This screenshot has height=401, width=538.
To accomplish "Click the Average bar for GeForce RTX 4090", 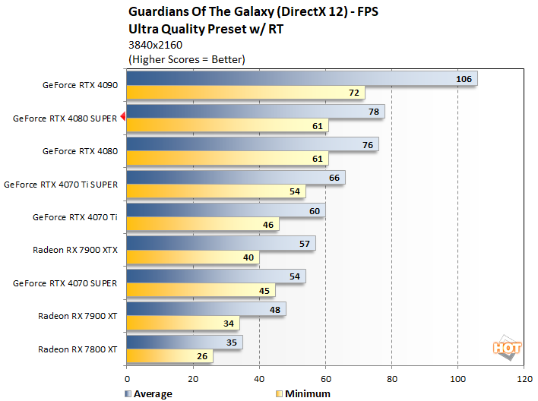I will coord(301,79).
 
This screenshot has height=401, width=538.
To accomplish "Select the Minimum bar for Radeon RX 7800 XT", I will coord(169,355).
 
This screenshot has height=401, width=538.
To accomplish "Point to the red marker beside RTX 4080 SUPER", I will coord(122,118).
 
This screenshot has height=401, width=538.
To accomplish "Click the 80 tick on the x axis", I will coord(391,378).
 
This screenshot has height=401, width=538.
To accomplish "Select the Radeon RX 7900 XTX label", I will coord(74,249).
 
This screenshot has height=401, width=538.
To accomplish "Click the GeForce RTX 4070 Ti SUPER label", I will coord(60,184).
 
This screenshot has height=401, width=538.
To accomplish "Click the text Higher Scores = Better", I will coord(188,59).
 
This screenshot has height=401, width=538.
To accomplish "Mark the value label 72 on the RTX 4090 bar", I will coord(353,93).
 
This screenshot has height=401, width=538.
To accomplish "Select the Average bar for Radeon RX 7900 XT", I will coord(206,308).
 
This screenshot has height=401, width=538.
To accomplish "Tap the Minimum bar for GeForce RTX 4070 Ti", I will coord(202,224).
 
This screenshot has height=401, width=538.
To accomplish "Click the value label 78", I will coord(372,112).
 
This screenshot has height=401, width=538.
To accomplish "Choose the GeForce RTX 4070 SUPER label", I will coord(65,283).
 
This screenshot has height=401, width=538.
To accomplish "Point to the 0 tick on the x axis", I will coord(126,378).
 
